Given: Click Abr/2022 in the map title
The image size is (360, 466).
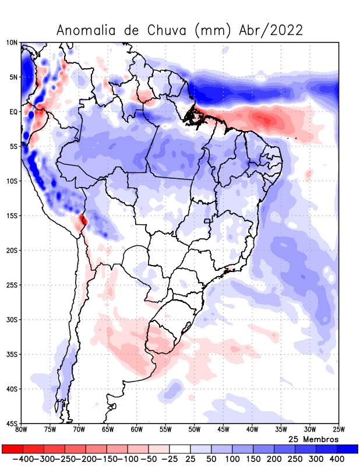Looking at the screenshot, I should click(x=271, y=30).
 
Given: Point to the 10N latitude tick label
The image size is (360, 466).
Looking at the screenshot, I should click(x=12, y=43).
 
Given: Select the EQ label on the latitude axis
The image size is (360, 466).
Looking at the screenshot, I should click(x=13, y=112).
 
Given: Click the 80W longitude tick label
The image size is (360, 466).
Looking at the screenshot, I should click(x=22, y=430).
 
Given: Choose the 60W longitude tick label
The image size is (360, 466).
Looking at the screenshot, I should click(x=137, y=430).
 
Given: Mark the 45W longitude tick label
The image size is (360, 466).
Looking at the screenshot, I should click(x=223, y=430).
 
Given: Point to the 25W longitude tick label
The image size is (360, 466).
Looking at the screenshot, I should click(x=338, y=430).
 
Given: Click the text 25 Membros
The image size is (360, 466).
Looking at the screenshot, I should click(x=313, y=439).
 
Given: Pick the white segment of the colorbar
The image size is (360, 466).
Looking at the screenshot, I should click(x=180, y=449).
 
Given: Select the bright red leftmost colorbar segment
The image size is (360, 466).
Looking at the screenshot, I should click(x=12, y=449).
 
